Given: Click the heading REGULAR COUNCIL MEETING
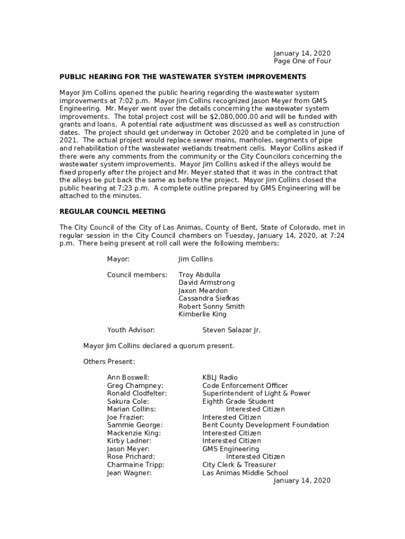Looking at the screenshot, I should point(113,212).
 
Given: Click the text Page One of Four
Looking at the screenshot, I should point(302,61).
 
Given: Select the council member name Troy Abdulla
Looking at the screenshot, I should point(199,275).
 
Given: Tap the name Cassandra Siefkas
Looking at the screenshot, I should point(209,298).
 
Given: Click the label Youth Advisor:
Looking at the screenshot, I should point(131,330).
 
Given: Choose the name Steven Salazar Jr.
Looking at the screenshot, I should point(231,330).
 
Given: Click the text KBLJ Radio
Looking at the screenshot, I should point(220,377).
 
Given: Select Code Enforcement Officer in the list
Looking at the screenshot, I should point(245,385).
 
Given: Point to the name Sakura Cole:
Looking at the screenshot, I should point(128,401).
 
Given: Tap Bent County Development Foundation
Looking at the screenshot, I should point(266,425).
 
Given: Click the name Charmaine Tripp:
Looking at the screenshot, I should point(136,465).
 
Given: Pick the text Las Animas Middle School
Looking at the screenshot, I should point(245,473).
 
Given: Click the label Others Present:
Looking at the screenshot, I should point(109,362).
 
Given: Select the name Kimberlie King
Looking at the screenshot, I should point(202,314).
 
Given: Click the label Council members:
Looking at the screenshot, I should point(137,275).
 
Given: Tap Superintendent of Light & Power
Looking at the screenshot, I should point(256,393).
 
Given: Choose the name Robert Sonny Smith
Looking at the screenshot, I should point(211,306).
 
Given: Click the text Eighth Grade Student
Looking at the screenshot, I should point(238,401).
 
